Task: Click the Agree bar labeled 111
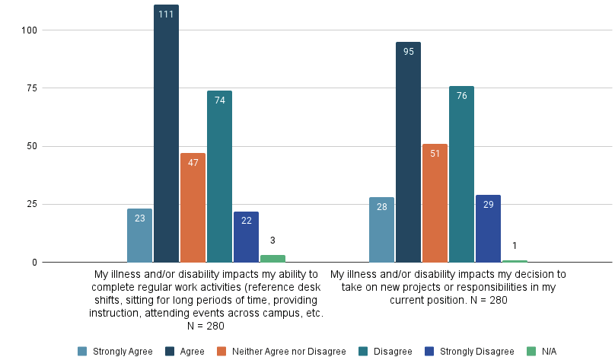point(166,134)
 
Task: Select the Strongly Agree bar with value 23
point(139,236)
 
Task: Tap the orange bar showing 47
point(193,208)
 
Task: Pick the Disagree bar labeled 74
point(219,177)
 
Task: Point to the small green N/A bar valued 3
point(272,259)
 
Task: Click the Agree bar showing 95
point(408,152)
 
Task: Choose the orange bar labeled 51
point(435,203)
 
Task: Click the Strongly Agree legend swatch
point(82,351)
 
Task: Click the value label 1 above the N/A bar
point(515,245)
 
